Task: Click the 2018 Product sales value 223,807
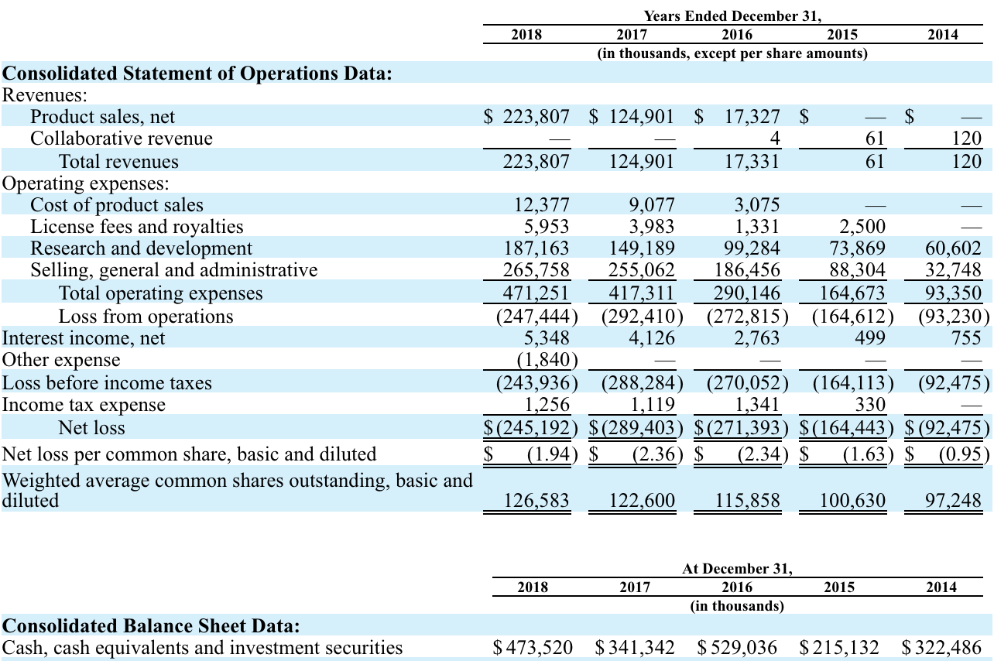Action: [536, 117]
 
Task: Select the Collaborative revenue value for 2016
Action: [774, 138]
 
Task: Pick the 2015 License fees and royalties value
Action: [862, 227]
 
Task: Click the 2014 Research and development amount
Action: [953, 248]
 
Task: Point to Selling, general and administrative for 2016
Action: [747, 269]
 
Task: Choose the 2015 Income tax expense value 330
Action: [870, 405]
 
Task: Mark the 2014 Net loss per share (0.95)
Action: [964, 454]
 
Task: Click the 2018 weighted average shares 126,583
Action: [536, 501]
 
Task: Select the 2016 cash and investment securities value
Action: [737, 648]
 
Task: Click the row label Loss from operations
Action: [146, 317]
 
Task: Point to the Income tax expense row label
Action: [84, 405]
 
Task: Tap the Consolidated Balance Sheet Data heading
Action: [151, 626]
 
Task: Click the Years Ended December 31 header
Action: [732, 16]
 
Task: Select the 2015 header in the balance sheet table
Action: [839, 587]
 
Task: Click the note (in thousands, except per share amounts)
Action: [732, 53]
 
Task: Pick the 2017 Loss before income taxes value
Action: [642, 383]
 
